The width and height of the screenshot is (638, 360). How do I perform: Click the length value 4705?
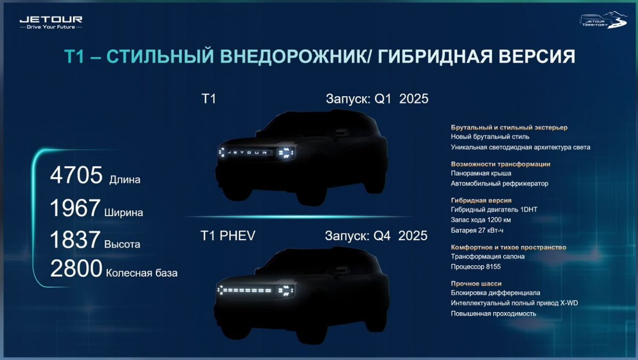coord(76,175)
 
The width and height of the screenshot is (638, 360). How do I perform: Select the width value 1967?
coord(75,208)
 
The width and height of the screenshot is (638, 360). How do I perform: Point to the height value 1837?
coord(75,240)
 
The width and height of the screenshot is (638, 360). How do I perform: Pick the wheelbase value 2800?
coord(76,270)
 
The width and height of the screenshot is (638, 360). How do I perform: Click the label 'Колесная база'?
coord(141,273)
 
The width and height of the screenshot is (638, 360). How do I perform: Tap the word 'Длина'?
coord(124,180)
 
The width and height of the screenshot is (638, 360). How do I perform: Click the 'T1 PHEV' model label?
coord(228,236)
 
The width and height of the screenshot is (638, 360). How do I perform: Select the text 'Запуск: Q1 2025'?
coord(376,99)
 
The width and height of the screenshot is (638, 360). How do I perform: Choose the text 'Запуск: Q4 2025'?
coord(376,236)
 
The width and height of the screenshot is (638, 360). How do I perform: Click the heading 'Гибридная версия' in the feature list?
coord(481,200)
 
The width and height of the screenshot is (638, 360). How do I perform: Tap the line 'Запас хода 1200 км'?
coord(481,219)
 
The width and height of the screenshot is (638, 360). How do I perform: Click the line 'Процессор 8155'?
coord(475,266)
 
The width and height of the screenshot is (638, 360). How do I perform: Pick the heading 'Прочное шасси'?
coord(476,283)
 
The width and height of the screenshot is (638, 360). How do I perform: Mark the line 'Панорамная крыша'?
coord(481,173)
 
